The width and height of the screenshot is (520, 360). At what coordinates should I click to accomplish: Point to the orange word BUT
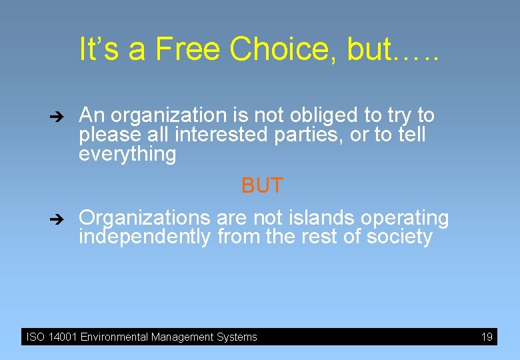262,186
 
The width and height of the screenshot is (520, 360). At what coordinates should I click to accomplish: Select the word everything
127,155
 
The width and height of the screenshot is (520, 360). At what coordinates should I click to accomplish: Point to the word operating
405,219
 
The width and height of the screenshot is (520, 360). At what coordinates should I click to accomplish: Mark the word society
398,237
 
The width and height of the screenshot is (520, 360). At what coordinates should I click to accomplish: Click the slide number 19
487,337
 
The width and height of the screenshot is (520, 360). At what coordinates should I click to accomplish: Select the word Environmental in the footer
114,337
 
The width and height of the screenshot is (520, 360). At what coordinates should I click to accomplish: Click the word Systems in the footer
236,337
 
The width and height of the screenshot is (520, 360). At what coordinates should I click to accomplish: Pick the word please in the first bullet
107,135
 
